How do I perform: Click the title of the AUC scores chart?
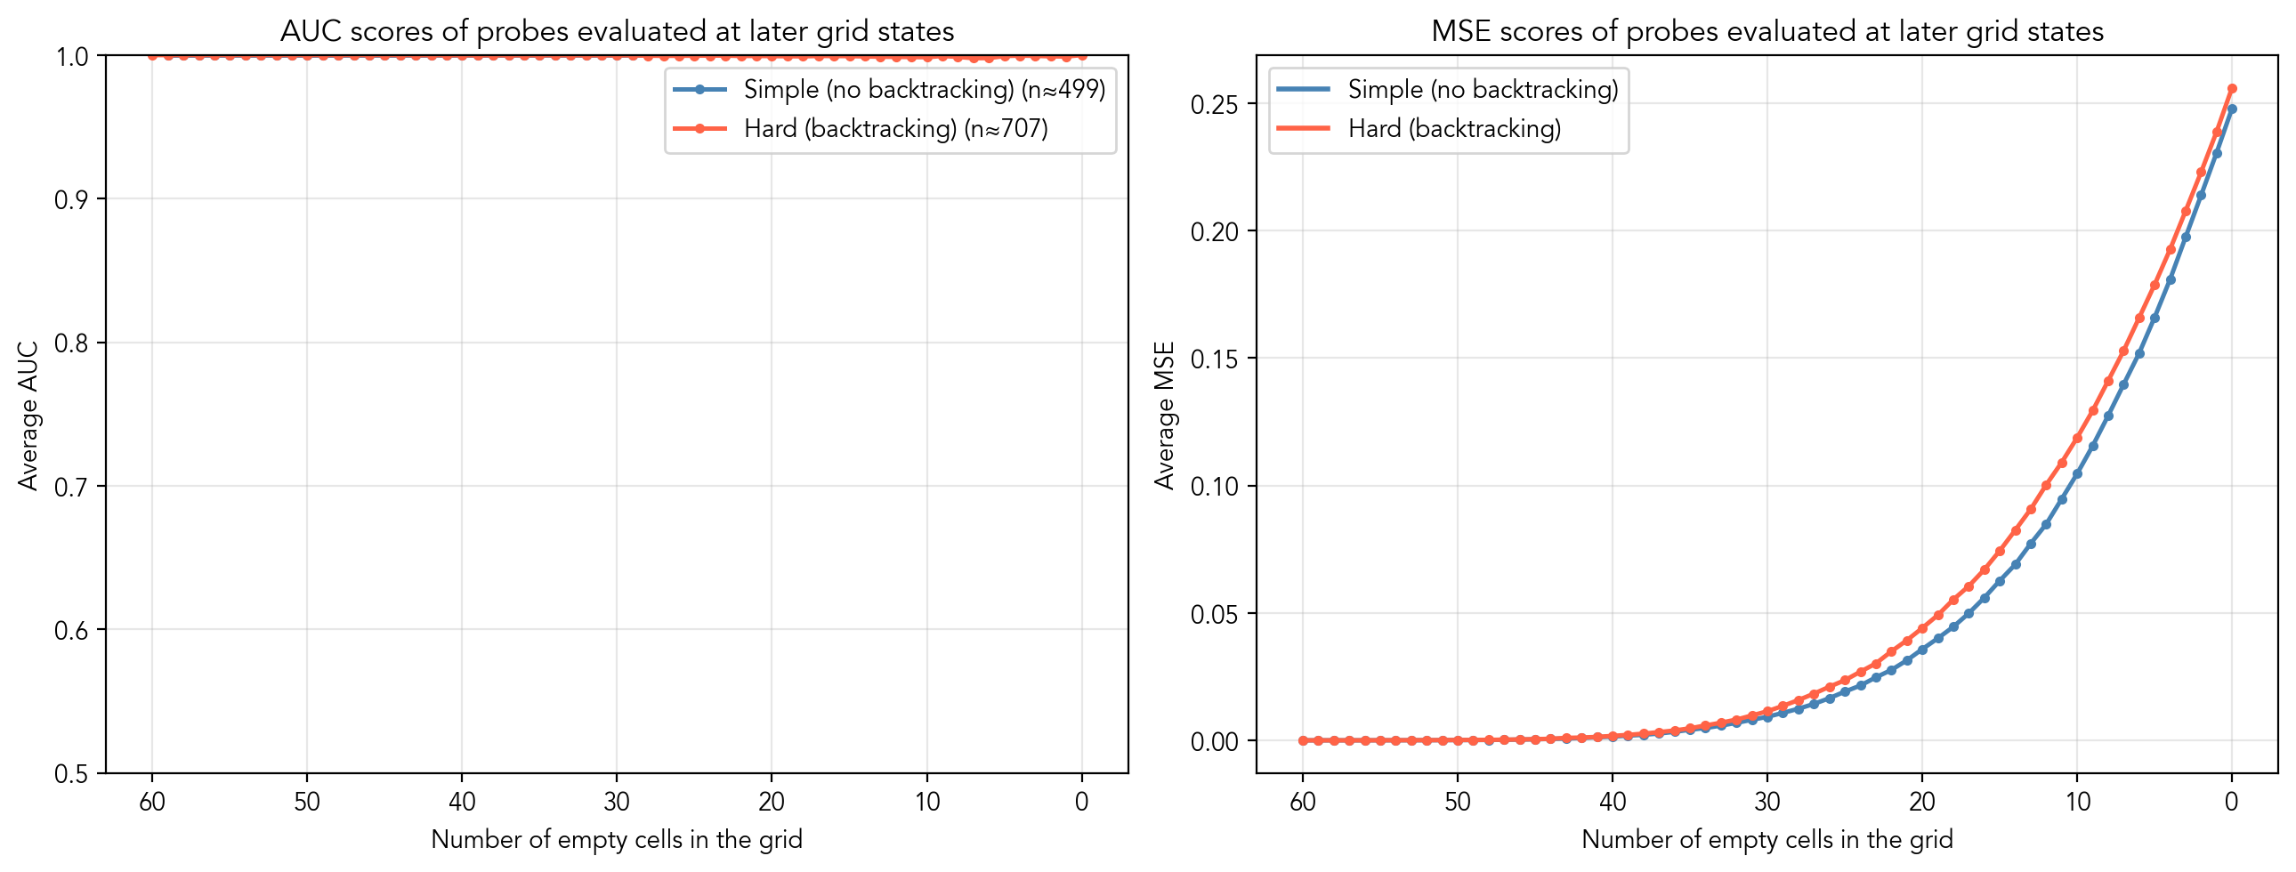pyautogui.click(x=617, y=31)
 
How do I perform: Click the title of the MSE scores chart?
pyautogui.click(x=1766, y=31)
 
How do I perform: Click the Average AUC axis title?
pyautogui.click(x=28, y=416)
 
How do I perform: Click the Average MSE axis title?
pyautogui.click(x=1164, y=416)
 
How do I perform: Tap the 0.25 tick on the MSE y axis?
pyautogui.click(x=1214, y=104)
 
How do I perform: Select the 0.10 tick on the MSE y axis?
pyautogui.click(x=1214, y=487)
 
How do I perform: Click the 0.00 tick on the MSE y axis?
pyautogui.click(x=1214, y=742)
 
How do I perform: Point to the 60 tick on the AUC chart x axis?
pyautogui.click(x=152, y=802)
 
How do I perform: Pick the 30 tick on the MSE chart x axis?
pyautogui.click(x=1766, y=802)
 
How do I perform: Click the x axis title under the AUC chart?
pyautogui.click(x=617, y=839)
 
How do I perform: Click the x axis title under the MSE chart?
pyautogui.click(x=1766, y=839)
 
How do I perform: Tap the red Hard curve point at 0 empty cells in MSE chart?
pyautogui.click(x=2232, y=88)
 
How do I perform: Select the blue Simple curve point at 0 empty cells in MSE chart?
pyautogui.click(x=2232, y=109)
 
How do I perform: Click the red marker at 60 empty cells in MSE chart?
pyautogui.click(x=1303, y=740)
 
